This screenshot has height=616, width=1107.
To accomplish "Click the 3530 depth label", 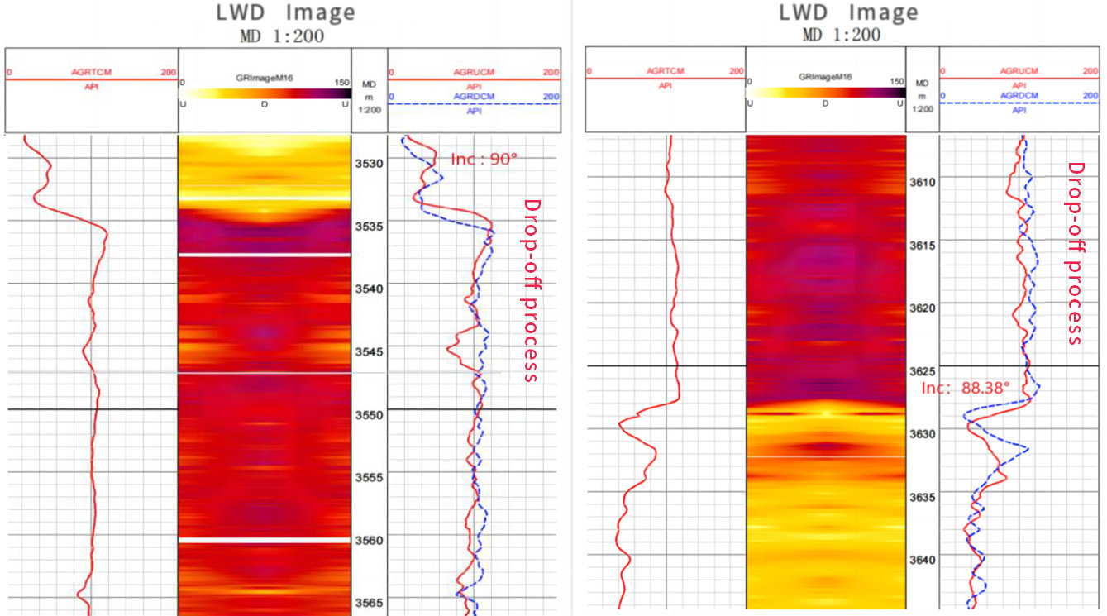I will tap(370, 163).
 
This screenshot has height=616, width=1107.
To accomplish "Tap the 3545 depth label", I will tap(370, 352).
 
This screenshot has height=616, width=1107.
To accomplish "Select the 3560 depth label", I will tap(370, 541).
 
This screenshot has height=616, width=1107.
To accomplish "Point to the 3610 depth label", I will tap(923, 182).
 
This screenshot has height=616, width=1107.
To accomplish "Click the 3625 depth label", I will tap(923, 370).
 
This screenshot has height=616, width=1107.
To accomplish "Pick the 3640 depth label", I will tap(923, 560).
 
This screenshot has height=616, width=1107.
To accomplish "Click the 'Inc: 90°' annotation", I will tap(484, 160).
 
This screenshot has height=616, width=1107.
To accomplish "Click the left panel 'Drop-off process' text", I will tap(532, 289).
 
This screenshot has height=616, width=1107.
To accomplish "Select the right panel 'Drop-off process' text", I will tap(1075, 253).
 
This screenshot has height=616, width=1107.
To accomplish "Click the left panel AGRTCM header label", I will tap(91, 72).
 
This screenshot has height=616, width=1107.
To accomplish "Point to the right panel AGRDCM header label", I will tap(1019, 95).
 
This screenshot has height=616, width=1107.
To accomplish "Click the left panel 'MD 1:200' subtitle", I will tap(282, 36).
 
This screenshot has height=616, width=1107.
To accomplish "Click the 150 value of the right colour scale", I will tap(897, 81).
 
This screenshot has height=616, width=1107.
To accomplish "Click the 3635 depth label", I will tap(923, 497).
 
